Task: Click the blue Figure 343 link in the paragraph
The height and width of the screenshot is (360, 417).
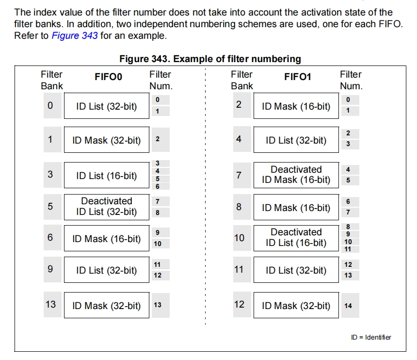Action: [x=75, y=35]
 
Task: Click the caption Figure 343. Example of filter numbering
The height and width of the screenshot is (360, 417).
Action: [x=210, y=59]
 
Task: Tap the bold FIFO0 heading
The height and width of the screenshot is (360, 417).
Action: [x=109, y=77]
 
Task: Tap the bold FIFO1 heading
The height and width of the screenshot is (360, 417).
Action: [x=298, y=77]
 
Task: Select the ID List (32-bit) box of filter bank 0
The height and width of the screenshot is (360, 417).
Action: [x=107, y=106]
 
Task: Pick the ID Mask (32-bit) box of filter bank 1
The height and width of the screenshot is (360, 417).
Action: [x=107, y=140]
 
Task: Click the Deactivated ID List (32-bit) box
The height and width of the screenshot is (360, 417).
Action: [x=107, y=207]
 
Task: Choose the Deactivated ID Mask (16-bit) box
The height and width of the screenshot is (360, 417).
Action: [x=296, y=175]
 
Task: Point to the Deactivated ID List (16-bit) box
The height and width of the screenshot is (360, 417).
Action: [x=296, y=238]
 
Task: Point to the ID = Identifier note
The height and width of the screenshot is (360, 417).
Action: [x=371, y=337]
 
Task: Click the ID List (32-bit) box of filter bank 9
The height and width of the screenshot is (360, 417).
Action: [x=107, y=270]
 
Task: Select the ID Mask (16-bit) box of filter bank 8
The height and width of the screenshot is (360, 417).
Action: [x=296, y=207]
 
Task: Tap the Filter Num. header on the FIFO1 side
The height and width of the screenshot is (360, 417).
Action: [x=352, y=80]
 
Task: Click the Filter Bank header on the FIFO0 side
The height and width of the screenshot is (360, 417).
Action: [x=52, y=80]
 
